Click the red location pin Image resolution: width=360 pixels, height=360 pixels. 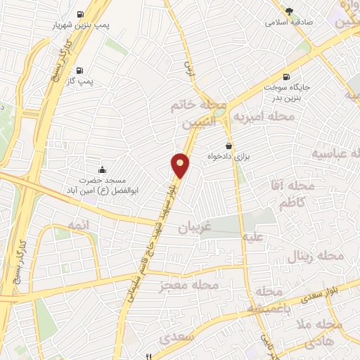point(180,165)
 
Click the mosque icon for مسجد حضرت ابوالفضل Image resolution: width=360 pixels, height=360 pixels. point(103,169)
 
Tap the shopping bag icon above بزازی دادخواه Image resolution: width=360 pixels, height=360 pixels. point(229,145)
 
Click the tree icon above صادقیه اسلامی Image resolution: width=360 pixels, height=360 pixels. point(289,10)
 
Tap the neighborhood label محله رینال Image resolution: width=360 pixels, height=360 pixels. point(316,257)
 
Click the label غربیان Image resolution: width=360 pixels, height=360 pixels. point(193,228)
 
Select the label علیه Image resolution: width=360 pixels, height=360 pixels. point(252,238)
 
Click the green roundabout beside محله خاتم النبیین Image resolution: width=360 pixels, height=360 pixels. point(219,111)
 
